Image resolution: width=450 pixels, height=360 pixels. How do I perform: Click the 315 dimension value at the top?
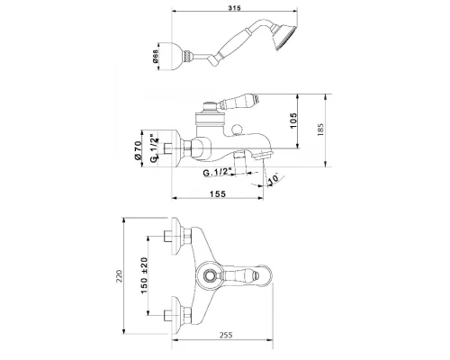[x=234, y=8]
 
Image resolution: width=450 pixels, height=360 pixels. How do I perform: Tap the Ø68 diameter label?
[x=155, y=56]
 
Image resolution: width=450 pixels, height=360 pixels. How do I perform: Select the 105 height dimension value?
[x=293, y=121]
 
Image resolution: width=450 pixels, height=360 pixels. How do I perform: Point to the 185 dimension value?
[x=320, y=130]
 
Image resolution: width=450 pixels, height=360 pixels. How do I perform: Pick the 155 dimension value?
[x=218, y=194]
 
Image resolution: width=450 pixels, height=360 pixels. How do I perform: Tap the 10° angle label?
[x=273, y=179]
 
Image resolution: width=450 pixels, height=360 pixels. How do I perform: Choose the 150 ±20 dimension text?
[x=144, y=275]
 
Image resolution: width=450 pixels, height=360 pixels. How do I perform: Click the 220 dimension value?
[x=120, y=276]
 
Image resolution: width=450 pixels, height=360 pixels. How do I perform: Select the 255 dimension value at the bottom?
[x=226, y=335]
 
